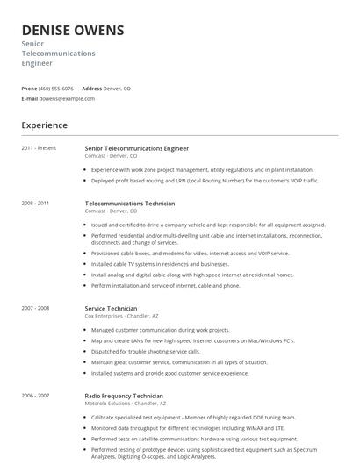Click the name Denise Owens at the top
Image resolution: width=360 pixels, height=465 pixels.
pos(72,31)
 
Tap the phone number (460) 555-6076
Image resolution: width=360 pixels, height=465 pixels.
pos(56,89)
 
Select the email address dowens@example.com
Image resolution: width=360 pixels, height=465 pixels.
pos(67,98)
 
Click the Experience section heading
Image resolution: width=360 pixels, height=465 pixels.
pos(44,125)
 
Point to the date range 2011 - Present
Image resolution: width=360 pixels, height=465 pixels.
pos(39,148)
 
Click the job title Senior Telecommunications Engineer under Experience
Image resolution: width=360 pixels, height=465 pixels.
pos(136,148)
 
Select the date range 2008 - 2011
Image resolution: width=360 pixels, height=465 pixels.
pos(35,204)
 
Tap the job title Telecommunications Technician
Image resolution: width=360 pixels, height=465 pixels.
pos(129,204)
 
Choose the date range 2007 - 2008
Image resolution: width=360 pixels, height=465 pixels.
pos(35,309)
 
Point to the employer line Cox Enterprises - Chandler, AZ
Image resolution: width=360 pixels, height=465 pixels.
pos(123,316)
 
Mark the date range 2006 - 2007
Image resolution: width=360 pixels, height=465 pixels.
pos(35,396)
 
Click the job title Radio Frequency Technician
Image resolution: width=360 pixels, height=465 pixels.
pos(123,396)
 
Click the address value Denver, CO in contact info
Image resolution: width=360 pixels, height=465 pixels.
pos(118,89)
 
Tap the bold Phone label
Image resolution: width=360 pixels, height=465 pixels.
pos(29,89)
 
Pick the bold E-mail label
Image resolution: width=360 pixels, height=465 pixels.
pos(29,98)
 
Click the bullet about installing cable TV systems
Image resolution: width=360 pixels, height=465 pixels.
pos(160,263)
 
